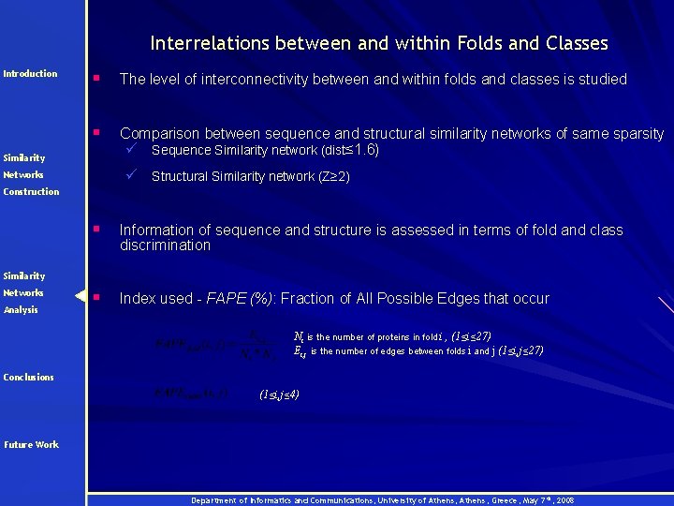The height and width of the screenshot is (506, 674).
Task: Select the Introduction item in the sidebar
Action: pyautogui.click(x=30, y=73)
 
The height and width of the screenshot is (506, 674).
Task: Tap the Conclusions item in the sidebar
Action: pyautogui.click(x=28, y=377)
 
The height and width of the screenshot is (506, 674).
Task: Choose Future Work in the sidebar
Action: pyautogui.click(x=32, y=444)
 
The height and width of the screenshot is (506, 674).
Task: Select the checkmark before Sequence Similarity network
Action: pyautogui.click(x=134, y=149)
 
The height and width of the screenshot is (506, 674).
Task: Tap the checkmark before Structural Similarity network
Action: pyautogui.click(x=134, y=174)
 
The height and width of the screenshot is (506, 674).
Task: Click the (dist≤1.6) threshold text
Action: pyautogui.click(x=349, y=150)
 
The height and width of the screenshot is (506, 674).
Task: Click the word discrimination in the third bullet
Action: pyautogui.click(x=166, y=246)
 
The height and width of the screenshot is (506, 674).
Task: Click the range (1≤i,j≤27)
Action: pyautogui.click(x=520, y=351)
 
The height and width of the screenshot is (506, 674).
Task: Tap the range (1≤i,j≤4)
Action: pyautogui.click(x=279, y=395)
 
